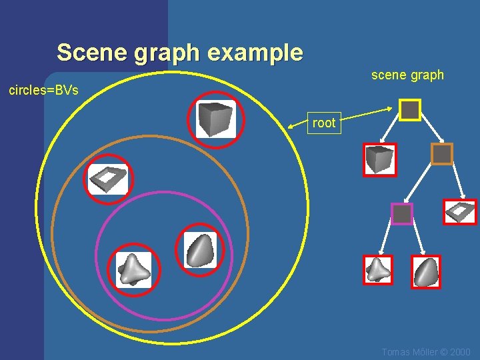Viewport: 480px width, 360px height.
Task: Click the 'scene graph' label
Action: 407,75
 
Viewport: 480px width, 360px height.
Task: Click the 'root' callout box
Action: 324,123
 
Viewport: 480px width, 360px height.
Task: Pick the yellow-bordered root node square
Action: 410,110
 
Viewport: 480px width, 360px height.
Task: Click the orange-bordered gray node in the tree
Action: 442,154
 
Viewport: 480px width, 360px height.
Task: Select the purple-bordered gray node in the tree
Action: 402,214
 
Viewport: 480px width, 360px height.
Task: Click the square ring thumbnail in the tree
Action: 460,212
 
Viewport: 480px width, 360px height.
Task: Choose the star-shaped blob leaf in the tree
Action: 379,270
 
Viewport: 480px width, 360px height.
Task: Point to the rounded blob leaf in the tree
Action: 427,271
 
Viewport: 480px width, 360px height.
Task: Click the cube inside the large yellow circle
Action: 216,120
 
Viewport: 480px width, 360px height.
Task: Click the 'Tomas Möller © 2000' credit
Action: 426,352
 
